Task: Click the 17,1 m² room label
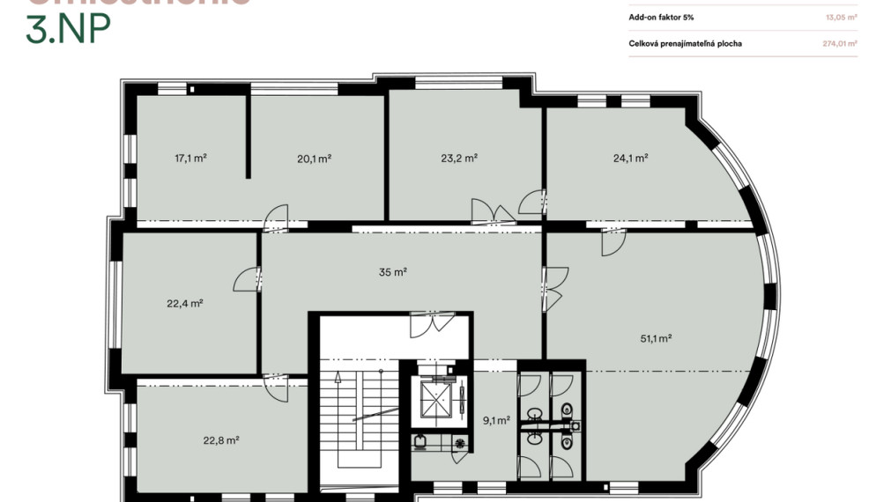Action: [190, 159]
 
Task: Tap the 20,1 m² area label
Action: [314, 159]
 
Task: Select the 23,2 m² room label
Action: [459, 159]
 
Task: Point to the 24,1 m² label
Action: [631, 159]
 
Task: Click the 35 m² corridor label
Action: [393, 272]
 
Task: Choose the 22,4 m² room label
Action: [185, 303]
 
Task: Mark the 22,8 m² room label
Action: [222, 440]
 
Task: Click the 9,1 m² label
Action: [496, 420]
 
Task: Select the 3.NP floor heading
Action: [69, 30]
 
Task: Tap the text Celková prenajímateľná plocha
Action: [686, 42]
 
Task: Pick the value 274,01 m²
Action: [840, 42]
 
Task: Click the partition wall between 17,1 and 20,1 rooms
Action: [249, 136]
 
